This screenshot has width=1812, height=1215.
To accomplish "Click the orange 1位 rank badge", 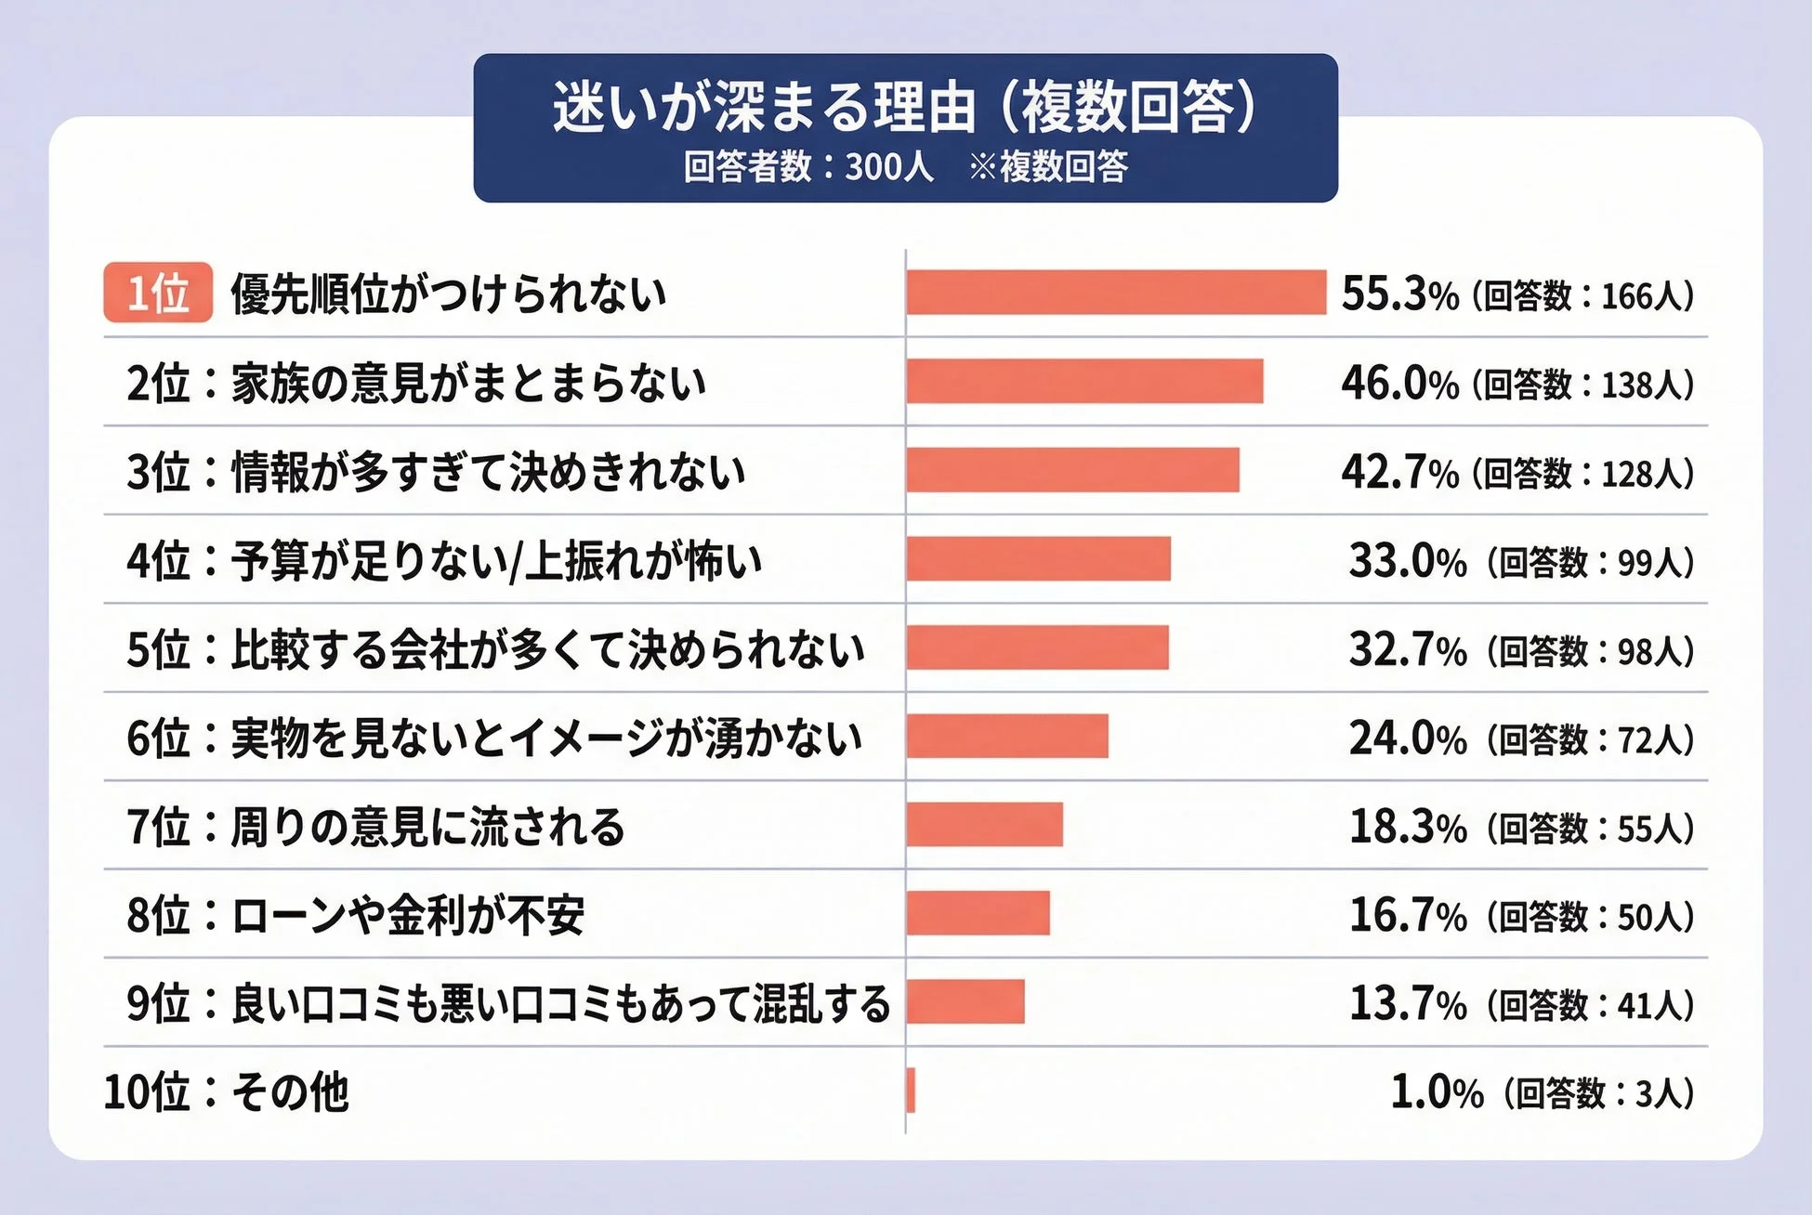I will click(158, 293).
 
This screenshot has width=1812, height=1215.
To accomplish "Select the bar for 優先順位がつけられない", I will click(1115, 293).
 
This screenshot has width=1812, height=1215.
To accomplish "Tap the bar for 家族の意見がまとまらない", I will click(1084, 381).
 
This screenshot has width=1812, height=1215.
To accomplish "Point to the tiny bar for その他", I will click(911, 1091).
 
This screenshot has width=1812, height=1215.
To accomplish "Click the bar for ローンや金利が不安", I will click(978, 913).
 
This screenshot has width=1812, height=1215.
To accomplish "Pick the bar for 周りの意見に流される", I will click(984, 825).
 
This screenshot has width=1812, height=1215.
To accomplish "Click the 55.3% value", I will click(1399, 294).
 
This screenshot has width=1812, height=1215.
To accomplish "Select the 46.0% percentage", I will click(1399, 383).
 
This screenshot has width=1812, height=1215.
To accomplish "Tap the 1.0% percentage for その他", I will click(1437, 1092).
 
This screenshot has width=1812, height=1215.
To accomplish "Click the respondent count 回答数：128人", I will click(1583, 473).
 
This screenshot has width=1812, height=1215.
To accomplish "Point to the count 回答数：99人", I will click(1591, 562).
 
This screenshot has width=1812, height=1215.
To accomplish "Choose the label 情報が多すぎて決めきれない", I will click(488, 471).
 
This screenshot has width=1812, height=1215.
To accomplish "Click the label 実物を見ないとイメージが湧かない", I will click(546, 738).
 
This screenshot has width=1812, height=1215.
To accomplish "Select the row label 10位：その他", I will click(226, 1092).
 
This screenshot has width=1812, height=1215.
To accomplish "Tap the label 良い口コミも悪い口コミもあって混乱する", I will click(560, 1004).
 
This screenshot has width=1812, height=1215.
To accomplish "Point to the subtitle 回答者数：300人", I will click(808, 167).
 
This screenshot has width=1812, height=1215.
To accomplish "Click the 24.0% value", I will click(1407, 739).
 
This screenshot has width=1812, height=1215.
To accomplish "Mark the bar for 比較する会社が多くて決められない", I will click(1037, 647).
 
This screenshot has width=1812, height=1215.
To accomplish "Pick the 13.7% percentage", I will click(1407, 1004).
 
